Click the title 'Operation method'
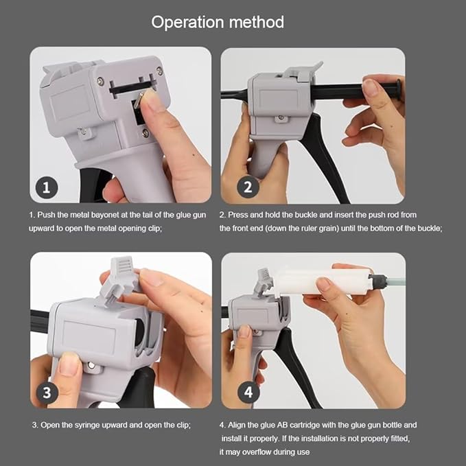(x=218, y=22)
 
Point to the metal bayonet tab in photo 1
(x=139, y=100)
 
